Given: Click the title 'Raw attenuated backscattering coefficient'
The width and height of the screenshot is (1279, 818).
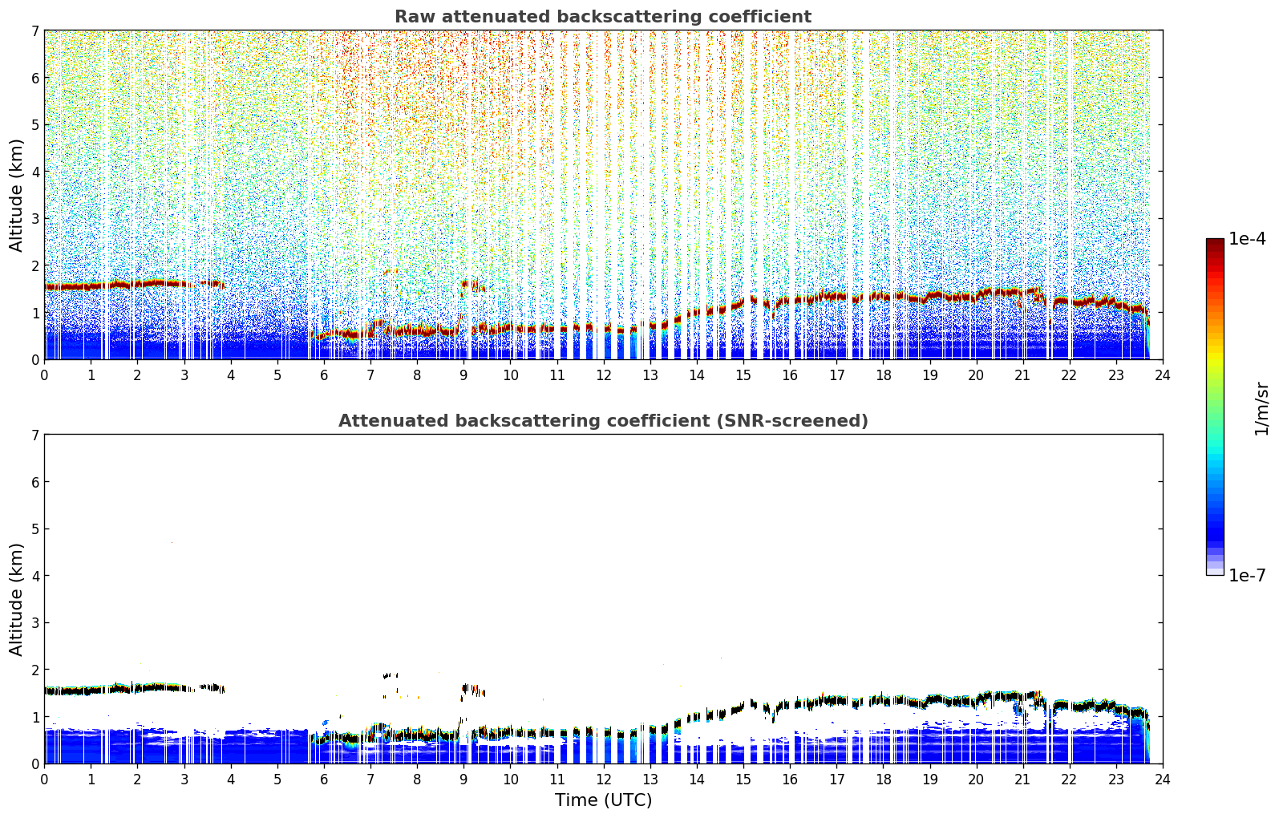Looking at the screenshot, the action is pos(603,17).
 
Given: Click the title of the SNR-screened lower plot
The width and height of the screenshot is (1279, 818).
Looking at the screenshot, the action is pos(603,420).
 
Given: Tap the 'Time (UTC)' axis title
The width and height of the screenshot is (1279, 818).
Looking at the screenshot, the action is pos(603,800).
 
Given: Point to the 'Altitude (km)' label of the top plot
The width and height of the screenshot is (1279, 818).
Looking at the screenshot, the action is pos(16,196).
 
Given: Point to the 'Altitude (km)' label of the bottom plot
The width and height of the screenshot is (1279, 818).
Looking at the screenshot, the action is pos(16,599).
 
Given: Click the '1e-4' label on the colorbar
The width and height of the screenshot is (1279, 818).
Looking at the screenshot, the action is pos(1247,239).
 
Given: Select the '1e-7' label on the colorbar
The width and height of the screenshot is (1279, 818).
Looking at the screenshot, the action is pos(1247,575).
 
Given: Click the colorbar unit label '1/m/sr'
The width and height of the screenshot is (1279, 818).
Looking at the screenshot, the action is pos(1261,409).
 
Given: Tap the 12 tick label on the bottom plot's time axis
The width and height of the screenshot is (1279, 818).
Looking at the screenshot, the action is pos(604,780).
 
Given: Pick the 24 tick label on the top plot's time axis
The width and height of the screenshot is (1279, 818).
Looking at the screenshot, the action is pos(1163,375).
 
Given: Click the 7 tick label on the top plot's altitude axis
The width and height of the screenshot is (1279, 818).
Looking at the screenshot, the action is pos(34,30).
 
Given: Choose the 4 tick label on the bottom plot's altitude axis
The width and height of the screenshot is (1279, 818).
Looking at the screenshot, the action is pos(34,576).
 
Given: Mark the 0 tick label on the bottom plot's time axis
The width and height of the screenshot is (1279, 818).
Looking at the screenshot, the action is pos(45,780).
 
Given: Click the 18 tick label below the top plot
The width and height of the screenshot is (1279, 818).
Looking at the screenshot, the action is pos(884,375).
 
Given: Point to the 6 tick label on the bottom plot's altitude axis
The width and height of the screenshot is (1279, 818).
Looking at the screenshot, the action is pos(34,482).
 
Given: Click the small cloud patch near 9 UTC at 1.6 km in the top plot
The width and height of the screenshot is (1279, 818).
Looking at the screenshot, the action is pos(473,285).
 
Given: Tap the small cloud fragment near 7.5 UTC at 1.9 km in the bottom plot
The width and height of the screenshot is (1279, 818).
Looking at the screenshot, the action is pos(391,676).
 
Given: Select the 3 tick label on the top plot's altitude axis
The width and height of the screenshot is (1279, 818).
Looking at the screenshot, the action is pos(34,219).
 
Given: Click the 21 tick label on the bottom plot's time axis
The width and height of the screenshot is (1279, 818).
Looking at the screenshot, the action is pos(1022,780).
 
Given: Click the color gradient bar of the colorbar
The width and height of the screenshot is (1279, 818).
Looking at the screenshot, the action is pos(1215,407).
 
